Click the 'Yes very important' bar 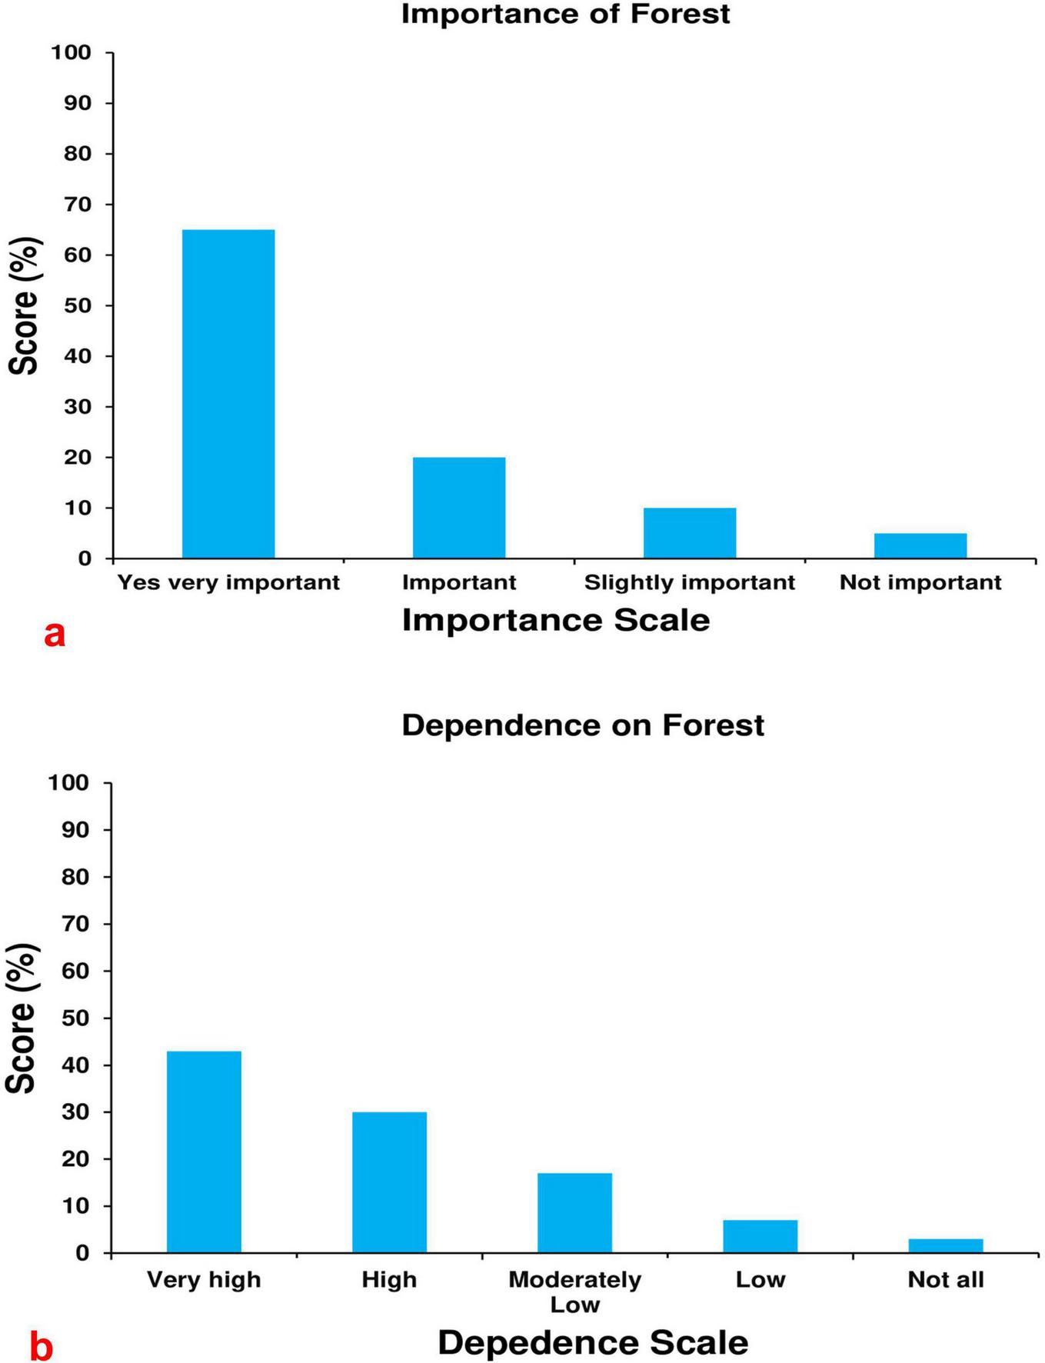228,394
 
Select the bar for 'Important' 459,508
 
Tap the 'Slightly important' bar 690,533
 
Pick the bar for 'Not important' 920,545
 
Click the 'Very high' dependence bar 204,1151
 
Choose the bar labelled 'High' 389,1182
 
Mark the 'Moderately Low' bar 574,1212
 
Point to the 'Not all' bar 946,1245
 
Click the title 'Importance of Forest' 565,14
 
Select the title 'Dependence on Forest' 583,725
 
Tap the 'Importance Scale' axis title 556,620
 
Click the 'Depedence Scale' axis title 593,1342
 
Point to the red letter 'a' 55,635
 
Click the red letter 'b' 42,1348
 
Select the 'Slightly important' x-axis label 690,582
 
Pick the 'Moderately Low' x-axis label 574,1291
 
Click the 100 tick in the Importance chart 72,52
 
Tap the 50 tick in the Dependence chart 77,1018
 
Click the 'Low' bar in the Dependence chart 760,1236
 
